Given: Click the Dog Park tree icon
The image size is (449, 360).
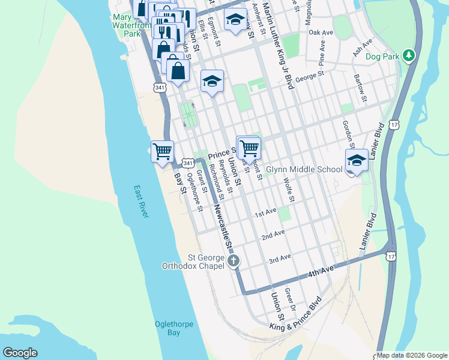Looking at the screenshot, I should coord(409,55).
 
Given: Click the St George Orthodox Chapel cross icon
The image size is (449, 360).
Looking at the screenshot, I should coord(234,260).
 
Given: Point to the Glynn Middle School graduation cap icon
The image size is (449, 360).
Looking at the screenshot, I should coord(357,160).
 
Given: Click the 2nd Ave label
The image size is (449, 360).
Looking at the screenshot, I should coord(273,234).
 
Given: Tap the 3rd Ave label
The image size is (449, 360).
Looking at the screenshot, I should coord(280,258).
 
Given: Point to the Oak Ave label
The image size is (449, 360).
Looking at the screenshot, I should coord(321,32).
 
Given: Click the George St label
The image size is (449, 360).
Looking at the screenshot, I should coord(310,76).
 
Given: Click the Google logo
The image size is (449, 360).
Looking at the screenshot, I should coord(20,353).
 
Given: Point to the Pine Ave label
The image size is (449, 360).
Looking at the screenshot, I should coord(322,54).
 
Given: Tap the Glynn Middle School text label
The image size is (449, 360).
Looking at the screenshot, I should coord(304,170).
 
